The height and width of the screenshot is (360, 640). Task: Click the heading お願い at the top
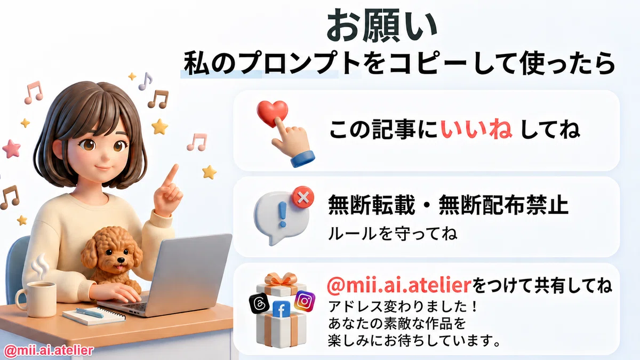coord(382,26)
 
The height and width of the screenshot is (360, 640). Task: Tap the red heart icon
coord(271,113)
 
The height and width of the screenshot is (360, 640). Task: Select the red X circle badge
coord(303,197)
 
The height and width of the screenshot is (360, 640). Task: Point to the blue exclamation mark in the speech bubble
coord(283,214)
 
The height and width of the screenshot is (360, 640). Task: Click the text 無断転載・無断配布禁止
coord(448,205)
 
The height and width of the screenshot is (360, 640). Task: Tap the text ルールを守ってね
coord(393,234)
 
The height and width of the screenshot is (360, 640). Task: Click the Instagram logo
coord(305,301)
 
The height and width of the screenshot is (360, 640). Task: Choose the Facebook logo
coord(282,309)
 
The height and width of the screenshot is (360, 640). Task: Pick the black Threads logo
coord(259,303)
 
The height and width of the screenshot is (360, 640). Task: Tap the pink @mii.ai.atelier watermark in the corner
coord(49,350)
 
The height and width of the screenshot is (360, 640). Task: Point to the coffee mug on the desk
coord(36,299)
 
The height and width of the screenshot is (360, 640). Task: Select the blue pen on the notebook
coord(90,313)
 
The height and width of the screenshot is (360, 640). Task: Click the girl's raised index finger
coord(171,174)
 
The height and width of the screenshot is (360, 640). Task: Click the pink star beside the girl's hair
coord(11,149)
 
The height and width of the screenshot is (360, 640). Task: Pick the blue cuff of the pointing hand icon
coord(303,158)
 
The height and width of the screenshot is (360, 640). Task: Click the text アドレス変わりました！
coord(402,307)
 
